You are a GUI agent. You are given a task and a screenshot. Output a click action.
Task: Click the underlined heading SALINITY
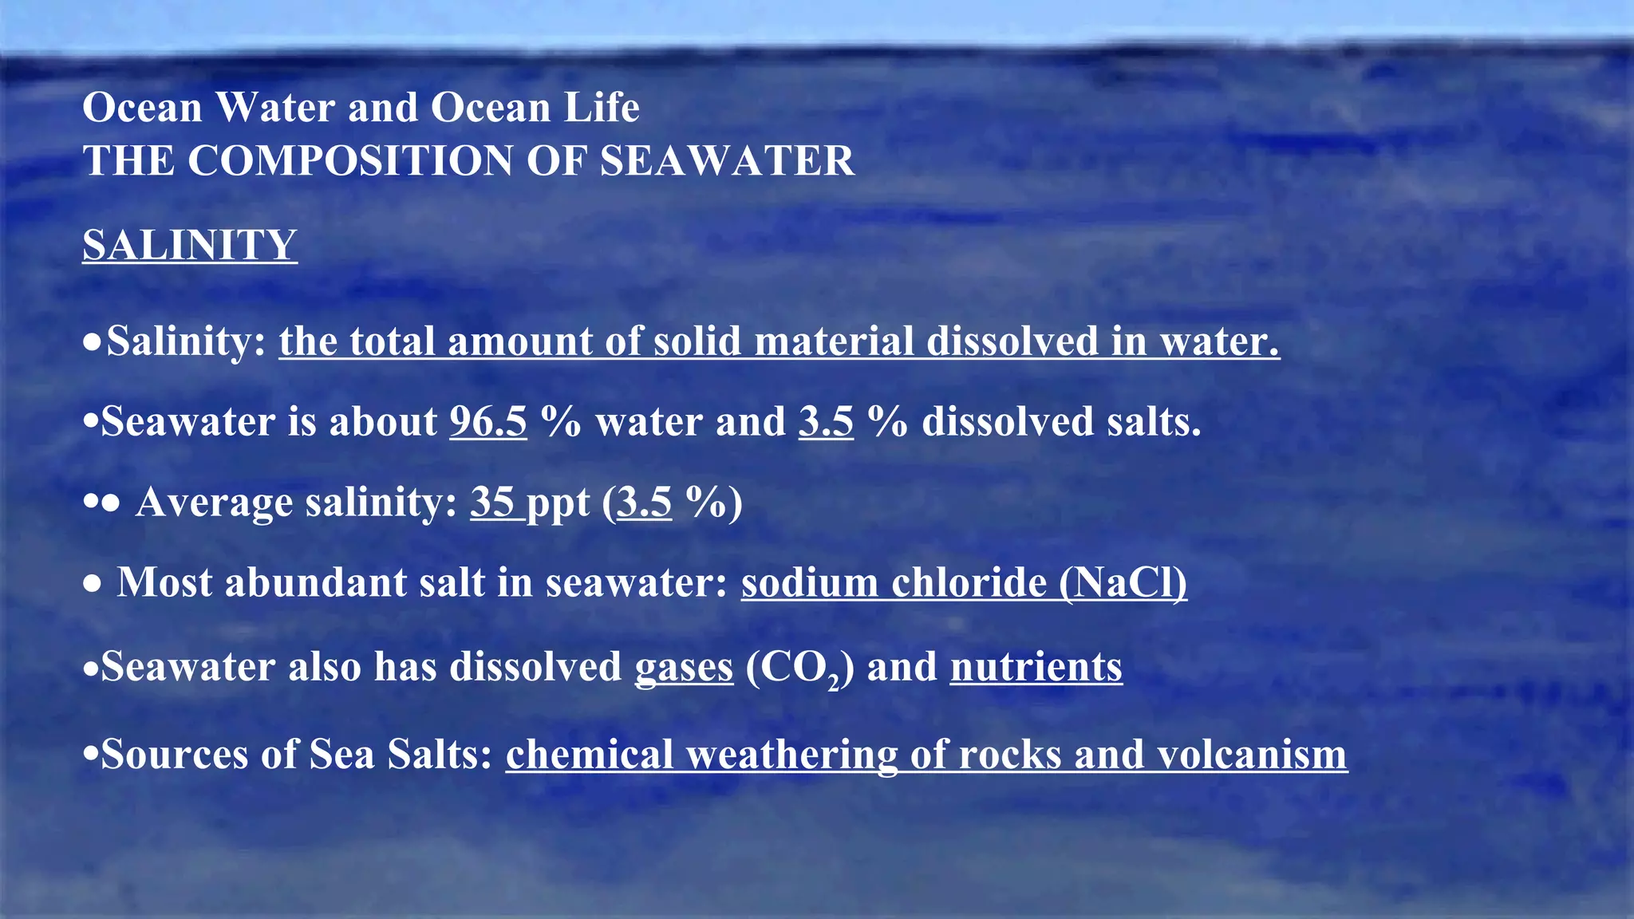190,244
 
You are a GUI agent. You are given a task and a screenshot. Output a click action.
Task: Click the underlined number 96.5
488,421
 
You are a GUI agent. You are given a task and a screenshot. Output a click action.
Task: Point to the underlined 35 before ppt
493,503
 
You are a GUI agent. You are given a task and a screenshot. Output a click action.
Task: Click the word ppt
558,504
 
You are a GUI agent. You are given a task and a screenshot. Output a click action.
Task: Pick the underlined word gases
684,668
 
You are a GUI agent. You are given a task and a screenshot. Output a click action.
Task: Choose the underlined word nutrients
1036,667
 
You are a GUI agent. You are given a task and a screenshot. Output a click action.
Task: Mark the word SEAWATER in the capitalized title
727,160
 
